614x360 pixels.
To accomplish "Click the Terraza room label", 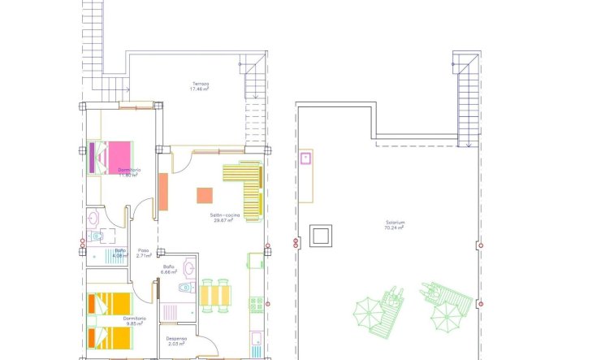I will (201, 83).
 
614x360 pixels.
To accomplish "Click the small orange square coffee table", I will (205, 196).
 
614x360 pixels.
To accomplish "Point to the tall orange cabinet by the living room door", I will (162, 193).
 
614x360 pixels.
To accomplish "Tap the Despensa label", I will (176, 338).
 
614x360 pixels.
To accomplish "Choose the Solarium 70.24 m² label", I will (396, 226).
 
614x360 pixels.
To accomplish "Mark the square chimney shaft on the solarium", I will (322, 236).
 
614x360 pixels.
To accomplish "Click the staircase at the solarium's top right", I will (466, 102).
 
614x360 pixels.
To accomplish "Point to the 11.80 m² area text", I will (128, 175).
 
